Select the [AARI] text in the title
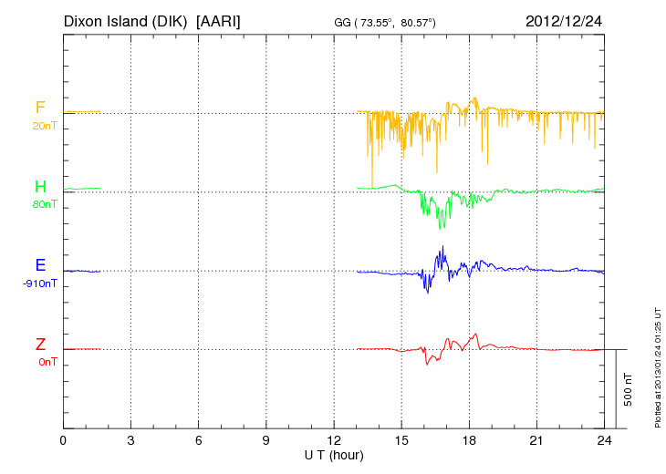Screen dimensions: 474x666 click(219, 20)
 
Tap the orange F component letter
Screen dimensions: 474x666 click(40, 108)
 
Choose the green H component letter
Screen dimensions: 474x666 click(40, 187)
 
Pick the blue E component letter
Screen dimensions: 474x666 click(40, 265)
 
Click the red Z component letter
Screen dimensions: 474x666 click(40, 344)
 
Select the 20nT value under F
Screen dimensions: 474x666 click(43, 126)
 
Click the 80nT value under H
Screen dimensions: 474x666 click(43, 204)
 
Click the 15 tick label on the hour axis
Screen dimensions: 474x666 click(401, 441)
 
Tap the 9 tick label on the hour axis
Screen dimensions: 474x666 click(266, 441)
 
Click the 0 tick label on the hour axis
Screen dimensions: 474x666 click(63, 441)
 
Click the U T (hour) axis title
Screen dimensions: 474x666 click(334, 455)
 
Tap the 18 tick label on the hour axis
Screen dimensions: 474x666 click(469, 441)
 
